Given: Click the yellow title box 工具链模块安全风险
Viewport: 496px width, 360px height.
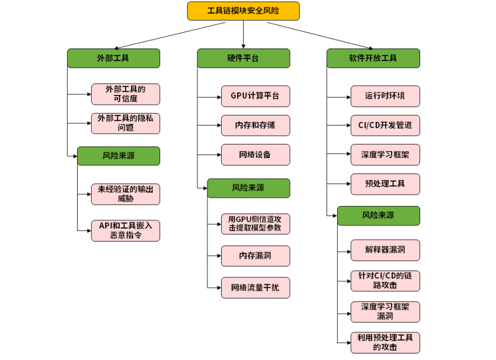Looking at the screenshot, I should tap(243, 11).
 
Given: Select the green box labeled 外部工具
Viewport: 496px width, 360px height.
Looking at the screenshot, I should tap(113, 58).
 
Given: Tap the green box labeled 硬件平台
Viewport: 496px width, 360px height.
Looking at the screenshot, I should tap(243, 58).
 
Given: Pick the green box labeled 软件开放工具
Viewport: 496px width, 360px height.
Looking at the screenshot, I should tap(373, 58).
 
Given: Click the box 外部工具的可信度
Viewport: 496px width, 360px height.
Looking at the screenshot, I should tap(125, 94).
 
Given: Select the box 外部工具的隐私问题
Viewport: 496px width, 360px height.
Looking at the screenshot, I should tap(125, 123).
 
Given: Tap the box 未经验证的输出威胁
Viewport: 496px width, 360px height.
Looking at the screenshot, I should tap(125, 194).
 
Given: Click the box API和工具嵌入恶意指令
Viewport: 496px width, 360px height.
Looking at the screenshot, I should tap(125, 230).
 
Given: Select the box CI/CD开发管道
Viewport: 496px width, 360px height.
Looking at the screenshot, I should tap(385, 126).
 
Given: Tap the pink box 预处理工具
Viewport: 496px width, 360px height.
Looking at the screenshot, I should tap(385, 184).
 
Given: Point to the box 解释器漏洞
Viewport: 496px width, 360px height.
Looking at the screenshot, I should tap(385, 250).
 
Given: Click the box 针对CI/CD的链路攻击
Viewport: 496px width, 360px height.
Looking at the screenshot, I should tap(385, 281).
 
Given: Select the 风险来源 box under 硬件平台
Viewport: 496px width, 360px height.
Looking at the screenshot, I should tap(248, 188).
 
